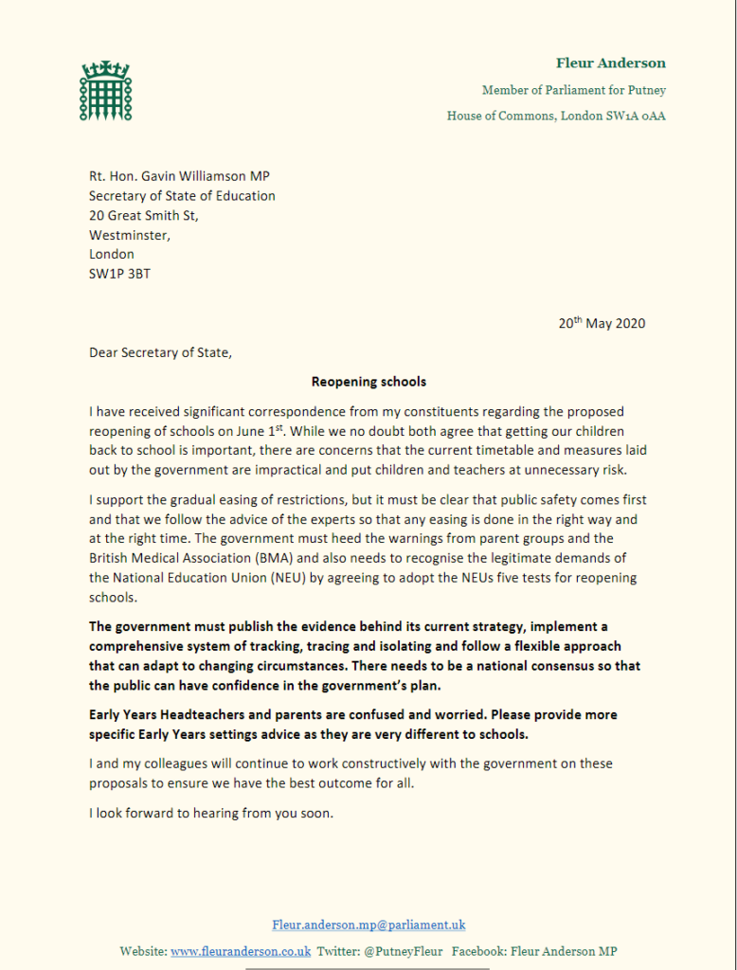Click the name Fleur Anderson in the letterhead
pos(610,63)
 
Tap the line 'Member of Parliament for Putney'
pos(573,91)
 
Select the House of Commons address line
pos(556,117)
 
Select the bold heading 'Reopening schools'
pos(368,383)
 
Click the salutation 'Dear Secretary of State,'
pos(159,352)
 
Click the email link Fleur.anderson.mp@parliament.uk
pos(368,925)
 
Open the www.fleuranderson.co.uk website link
pos(241,951)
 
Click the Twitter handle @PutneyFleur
pos(402,951)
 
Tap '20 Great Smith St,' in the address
pos(144,215)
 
